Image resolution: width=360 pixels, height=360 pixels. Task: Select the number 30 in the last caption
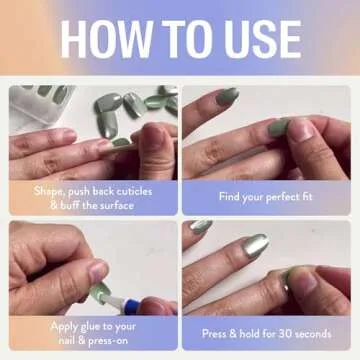point(294,333)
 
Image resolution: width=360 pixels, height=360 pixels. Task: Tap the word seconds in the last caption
point(332,333)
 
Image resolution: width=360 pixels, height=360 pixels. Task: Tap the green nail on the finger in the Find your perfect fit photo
point(278,127)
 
